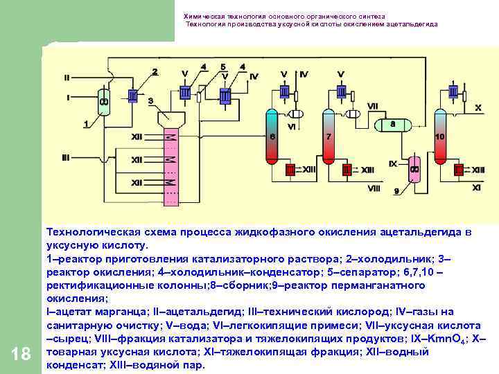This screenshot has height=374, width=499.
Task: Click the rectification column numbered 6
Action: (271, 135)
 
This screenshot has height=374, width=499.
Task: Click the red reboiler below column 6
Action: (290, 169)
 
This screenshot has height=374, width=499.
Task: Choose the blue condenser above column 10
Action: (453, 91)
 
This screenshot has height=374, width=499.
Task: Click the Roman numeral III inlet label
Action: (66, 158)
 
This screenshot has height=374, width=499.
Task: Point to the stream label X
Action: (478, 108)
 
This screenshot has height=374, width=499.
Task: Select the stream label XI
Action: (477, 187)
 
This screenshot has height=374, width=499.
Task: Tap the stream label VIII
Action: (374, 188)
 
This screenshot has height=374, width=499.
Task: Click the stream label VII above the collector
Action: (373, 106)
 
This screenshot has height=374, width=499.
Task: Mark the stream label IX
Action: (392, 164)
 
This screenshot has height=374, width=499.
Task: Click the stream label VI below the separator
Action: (292, 127)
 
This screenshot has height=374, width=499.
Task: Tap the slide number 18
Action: (21, 355)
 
